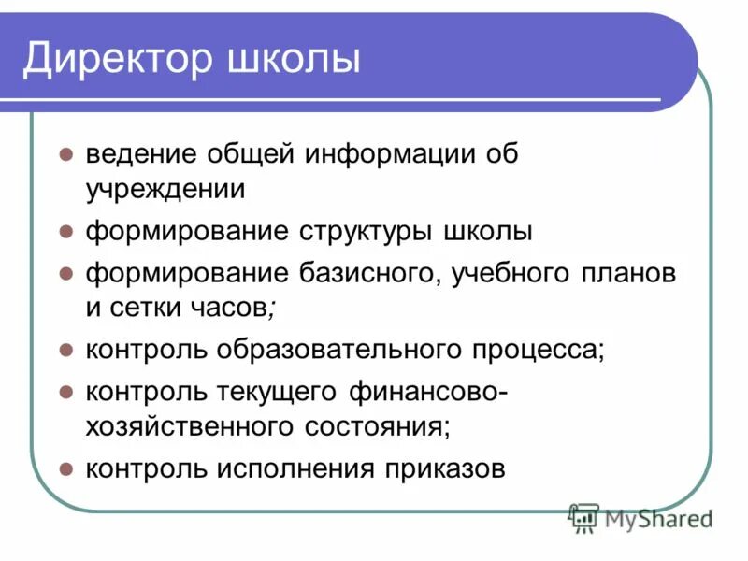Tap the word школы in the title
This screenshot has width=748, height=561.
click(295, 58)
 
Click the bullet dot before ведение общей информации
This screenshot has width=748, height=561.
click(65, 153)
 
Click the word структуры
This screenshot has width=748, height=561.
click(365, 231)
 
